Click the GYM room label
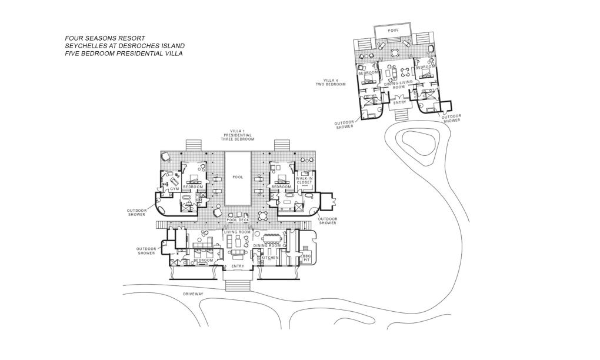point(175,189)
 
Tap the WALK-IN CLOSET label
point(305,181)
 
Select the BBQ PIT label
point(306,258)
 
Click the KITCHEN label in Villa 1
point(270,258)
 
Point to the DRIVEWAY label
point(193,294)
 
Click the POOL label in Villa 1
point(238,177)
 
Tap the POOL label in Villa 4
point(394,30)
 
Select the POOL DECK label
point(238,220)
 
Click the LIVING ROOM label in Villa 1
point(237,232)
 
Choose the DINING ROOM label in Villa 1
point(267,246)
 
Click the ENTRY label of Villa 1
point(238,266)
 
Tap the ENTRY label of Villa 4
point(400,102)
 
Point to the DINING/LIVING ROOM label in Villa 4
point(398,85)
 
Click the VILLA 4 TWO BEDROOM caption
point(331,82)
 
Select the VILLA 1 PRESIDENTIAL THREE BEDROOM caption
point(238,135)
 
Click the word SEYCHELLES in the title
point(83,46)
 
